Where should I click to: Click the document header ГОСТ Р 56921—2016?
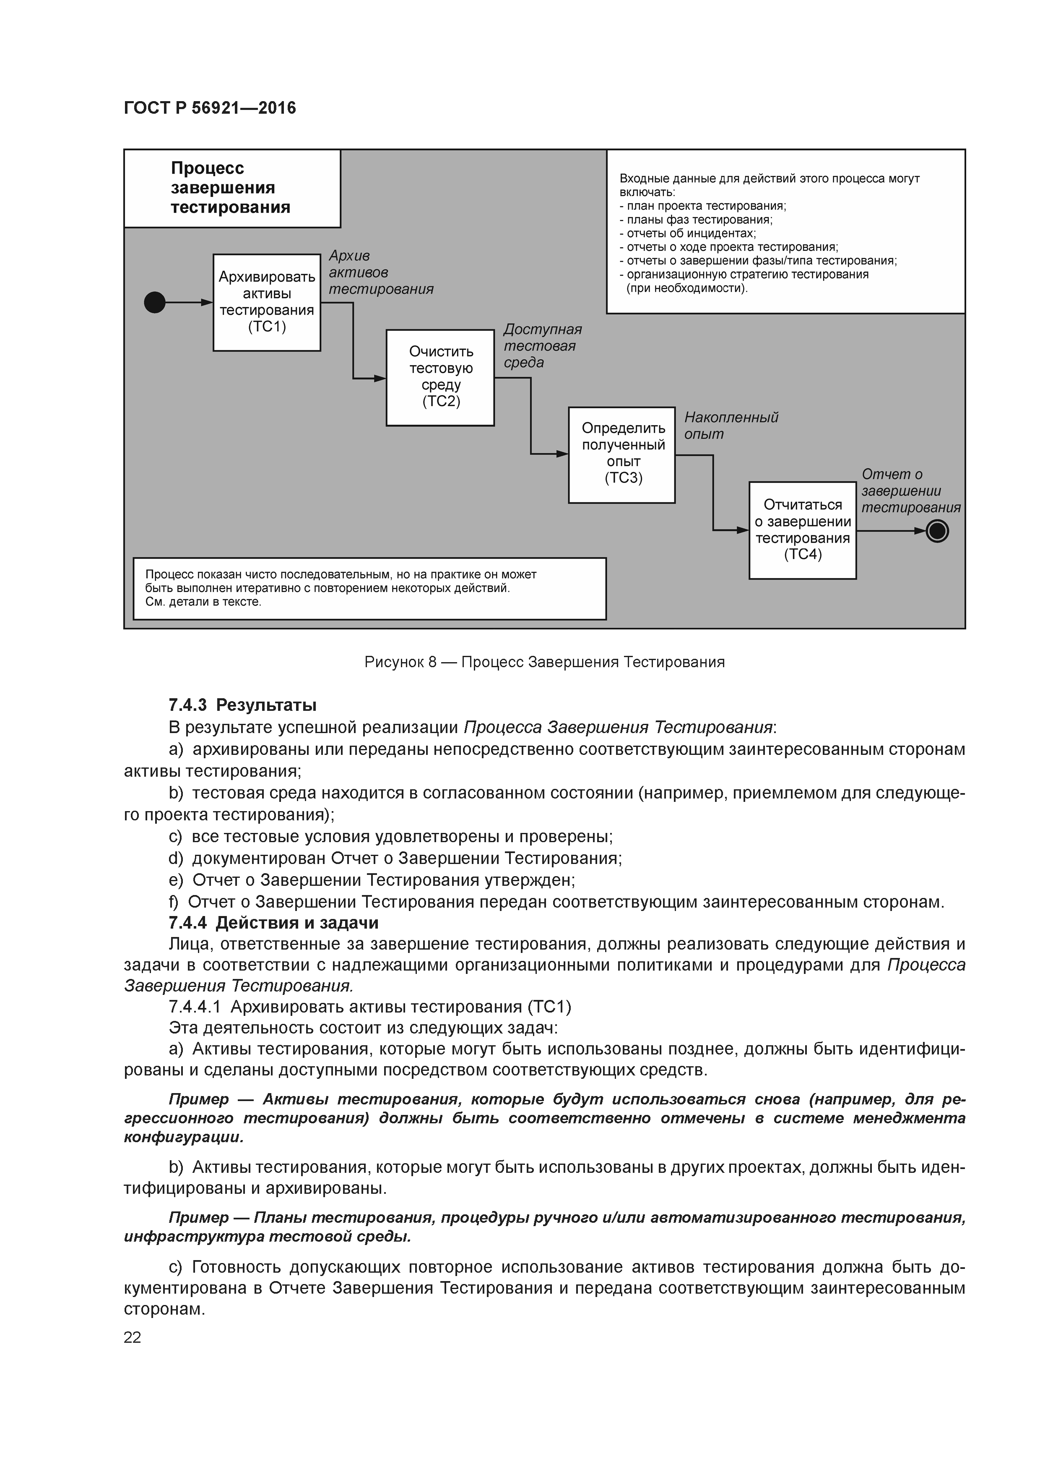[x=210, y=108]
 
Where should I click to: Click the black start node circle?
[x=154, y=302]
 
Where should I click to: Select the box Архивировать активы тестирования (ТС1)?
[x=267, y=302]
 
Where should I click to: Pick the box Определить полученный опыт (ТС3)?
[x=621, y=454]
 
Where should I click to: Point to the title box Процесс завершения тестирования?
[x=231, y=188]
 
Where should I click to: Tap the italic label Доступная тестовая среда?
[x=542, y=346]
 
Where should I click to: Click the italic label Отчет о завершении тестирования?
[x=910, y=491]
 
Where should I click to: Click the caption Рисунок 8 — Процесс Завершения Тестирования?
[x=544, y=662]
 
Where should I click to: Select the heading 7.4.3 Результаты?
[x=242, y=705]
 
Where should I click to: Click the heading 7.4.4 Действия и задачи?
[x=273, y=923]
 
